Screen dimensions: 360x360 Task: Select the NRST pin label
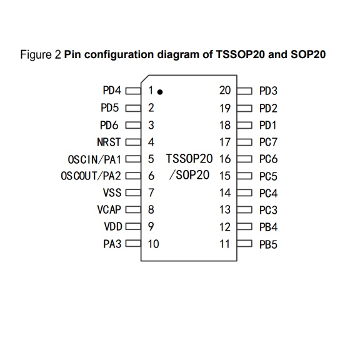coord(109,142)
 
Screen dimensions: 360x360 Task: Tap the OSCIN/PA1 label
coord(94,159)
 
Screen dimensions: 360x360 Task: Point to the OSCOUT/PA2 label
coord(91,176)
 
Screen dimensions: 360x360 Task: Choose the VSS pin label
coord(112,192)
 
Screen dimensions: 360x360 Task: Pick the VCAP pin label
coord(109,209)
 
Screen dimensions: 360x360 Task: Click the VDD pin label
coord(111,226)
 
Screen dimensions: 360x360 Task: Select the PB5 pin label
coord(268,244)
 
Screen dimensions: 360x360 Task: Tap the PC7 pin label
coord(268,142)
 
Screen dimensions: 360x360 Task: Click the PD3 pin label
coord(268,91)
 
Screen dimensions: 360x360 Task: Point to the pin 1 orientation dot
coord(161,92)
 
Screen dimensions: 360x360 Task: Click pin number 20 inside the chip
coord(225,91)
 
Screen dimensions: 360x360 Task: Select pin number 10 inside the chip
coord(154,244)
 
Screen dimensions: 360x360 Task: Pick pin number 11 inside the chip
coord(225,244)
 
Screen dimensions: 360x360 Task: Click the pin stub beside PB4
coord(245,227)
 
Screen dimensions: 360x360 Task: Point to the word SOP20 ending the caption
coord(308,54)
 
